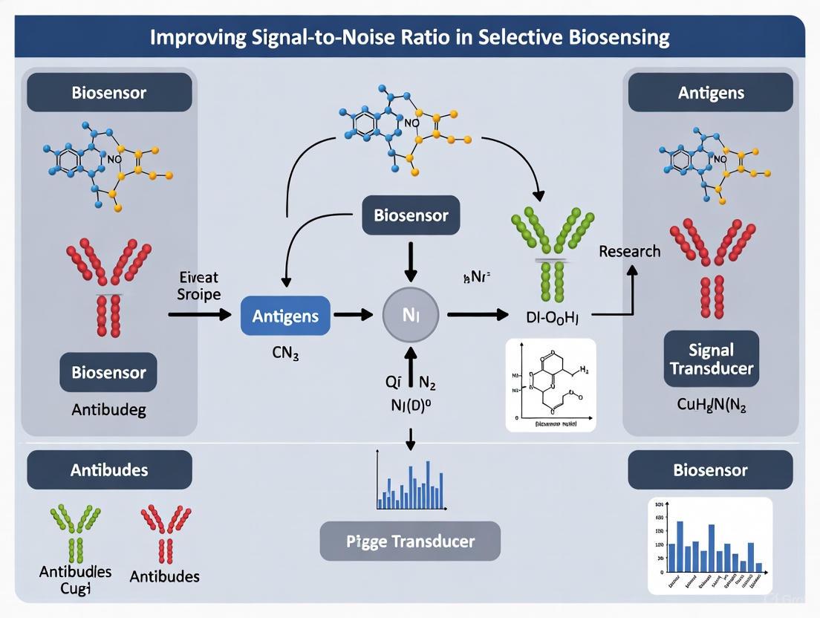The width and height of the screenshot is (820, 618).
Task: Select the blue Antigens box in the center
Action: [285, 316]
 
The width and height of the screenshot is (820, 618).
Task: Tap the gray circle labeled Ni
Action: [411, 316]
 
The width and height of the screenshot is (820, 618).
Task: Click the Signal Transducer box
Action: [711, 359]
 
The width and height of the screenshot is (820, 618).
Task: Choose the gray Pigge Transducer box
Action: [410, 541]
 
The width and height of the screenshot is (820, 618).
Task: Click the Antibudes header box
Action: [109, 470]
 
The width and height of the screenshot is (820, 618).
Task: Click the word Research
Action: [629, 251]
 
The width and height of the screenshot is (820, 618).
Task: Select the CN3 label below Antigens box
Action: [285, 354]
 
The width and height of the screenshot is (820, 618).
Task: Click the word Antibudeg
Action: [108, 409]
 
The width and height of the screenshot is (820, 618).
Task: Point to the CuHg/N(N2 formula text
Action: [710, 406]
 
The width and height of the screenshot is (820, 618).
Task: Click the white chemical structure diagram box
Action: [550, 385]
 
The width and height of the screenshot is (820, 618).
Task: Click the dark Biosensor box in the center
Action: [411, 216]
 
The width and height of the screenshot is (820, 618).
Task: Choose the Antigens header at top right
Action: [710, 93]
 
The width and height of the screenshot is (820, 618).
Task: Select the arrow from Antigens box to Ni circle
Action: [353, 315]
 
